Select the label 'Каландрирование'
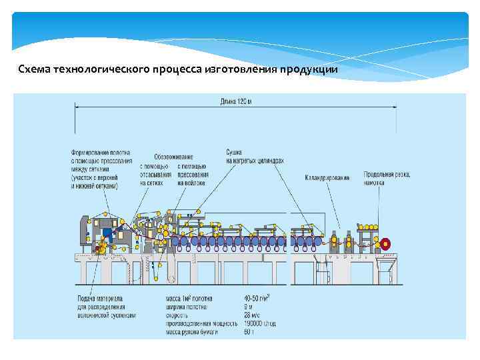tap(327, 178)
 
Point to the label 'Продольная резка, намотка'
tap(387, 177)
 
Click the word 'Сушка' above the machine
tap(234, 152)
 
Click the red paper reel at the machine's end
tap(384, 244)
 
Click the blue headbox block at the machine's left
tap(107, 233)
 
